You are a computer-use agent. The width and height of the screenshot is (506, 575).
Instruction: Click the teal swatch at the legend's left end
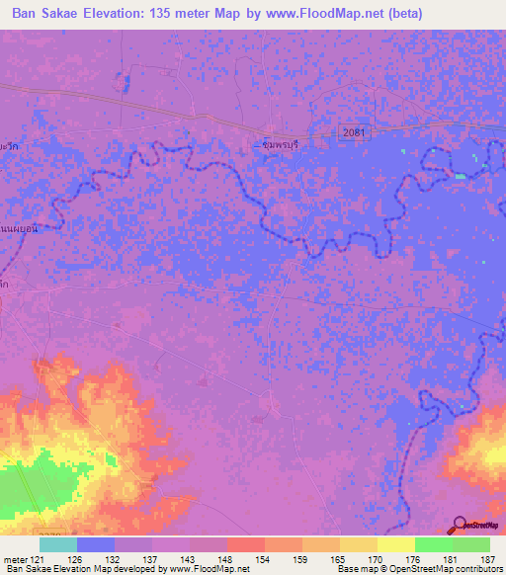tap(57, 544)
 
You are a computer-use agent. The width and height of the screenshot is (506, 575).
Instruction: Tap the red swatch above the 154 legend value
tap(245, 544)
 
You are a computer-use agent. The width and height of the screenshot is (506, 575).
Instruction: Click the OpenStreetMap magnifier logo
tap(459, 527)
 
